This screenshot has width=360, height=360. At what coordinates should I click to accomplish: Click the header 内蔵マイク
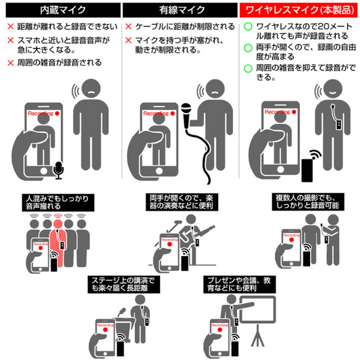point(60,9)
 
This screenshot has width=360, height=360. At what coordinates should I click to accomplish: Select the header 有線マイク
point(180,9)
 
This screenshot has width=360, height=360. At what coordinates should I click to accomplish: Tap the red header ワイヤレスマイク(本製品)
point(299,9)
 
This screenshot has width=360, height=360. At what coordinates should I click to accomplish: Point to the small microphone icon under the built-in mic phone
point(59,171)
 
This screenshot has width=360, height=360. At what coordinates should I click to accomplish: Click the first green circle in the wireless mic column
point(247,26)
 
